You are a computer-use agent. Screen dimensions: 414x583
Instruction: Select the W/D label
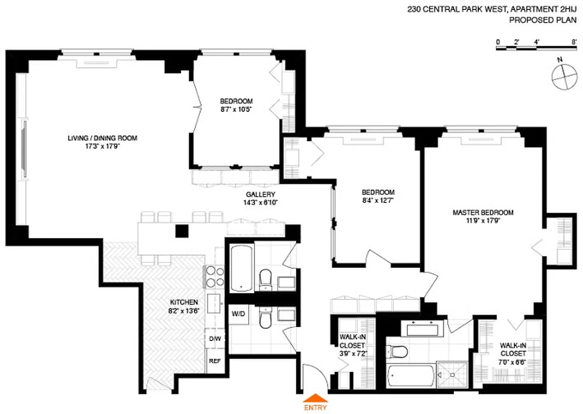238,314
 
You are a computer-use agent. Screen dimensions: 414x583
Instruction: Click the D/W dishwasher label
215,338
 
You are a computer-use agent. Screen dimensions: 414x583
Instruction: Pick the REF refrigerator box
215,361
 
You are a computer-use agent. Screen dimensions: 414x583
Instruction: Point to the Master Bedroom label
482,212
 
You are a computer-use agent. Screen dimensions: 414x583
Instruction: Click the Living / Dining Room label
102,138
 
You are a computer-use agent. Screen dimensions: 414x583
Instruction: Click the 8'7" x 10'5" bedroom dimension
235,109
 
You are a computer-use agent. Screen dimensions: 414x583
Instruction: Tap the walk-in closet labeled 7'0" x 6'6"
514,355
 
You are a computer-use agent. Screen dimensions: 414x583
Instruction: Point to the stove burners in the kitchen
215,277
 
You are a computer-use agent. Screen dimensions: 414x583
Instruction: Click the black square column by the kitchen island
181,231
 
